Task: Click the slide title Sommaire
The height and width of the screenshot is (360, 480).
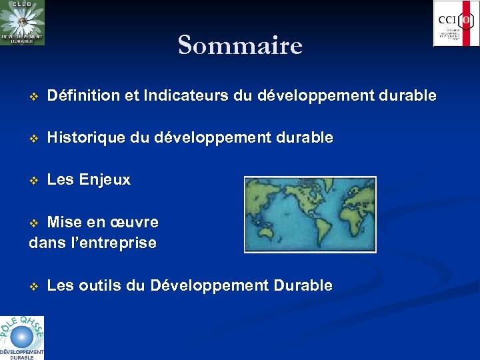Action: pyautogui.click(x=240, y=45)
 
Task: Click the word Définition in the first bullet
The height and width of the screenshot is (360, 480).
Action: pyautogui.click(x=81, y=96)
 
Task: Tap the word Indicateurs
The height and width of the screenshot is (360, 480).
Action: pyautogui.click(x=189, y=96)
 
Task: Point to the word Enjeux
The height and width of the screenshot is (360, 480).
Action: pyautogui.click(x=105, y=180)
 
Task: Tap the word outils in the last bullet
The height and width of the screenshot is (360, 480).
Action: pyautogui.click(x=101, y=286)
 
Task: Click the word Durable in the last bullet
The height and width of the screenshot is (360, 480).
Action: pyautogui.click(x=302, y=286)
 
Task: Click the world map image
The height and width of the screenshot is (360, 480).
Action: pyautogui.click(x=310, y=214)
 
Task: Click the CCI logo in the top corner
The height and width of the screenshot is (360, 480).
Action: pyautogui.click(x=456, y=23)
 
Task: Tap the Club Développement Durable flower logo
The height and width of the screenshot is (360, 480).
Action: pyautogui.click(x=22, y=23)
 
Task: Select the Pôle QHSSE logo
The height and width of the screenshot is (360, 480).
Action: pyautogui.click(x=22, y=337)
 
